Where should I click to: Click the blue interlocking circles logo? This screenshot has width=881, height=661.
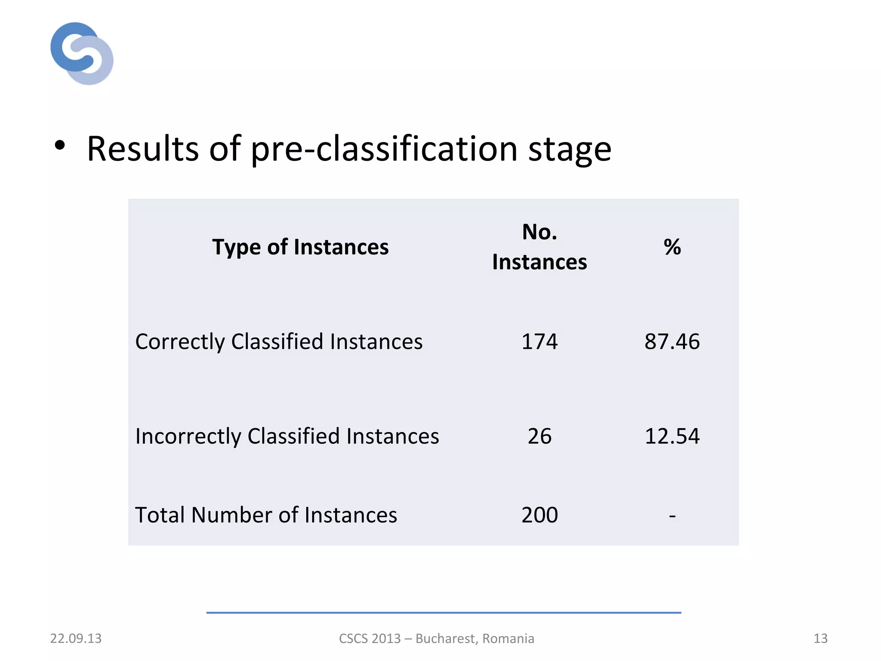click(x=82, y=53)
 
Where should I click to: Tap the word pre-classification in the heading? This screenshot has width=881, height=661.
click(x=384, y=149)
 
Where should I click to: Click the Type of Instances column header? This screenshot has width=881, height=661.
click(x=300, y=247)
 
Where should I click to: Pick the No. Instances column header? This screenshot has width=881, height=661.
click(x=539, y=247)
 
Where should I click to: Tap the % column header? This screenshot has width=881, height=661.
click(x=672, y=247)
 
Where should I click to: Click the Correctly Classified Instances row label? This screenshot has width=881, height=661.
click(x=279, y=342)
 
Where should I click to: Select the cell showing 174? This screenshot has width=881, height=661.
click(x=539, y=342)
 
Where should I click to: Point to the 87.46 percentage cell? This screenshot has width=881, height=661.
click(x=672, y=342)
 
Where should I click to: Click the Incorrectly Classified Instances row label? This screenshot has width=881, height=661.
click(x=287, y=436)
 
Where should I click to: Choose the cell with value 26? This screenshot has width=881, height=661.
click(x=539, y=436)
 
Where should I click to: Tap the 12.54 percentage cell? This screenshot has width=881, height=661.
click(x=672, y=436)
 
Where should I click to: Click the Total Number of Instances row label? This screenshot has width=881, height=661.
click(x=266, y=515)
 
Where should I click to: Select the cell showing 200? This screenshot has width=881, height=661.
click(x=539, y=515)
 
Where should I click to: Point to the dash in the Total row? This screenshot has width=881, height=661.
click(x=672, y=515)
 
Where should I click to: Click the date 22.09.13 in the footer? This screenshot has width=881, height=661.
click(x=76, y=638)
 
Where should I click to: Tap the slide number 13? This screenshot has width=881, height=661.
click(x=820, y=638)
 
